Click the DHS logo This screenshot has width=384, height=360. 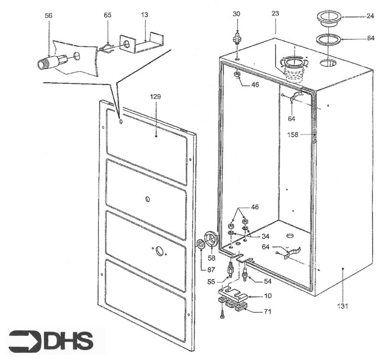click(51, 340)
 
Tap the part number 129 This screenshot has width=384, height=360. click(156, 97)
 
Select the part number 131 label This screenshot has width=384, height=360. click(343, 306)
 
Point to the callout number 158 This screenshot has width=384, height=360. click(293, 135)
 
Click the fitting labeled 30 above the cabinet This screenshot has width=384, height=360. click(237, 38)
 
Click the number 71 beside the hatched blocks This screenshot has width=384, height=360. click(267, 312)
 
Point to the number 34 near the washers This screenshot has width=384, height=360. click(265, 236)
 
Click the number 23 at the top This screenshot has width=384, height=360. click(275, 13)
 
